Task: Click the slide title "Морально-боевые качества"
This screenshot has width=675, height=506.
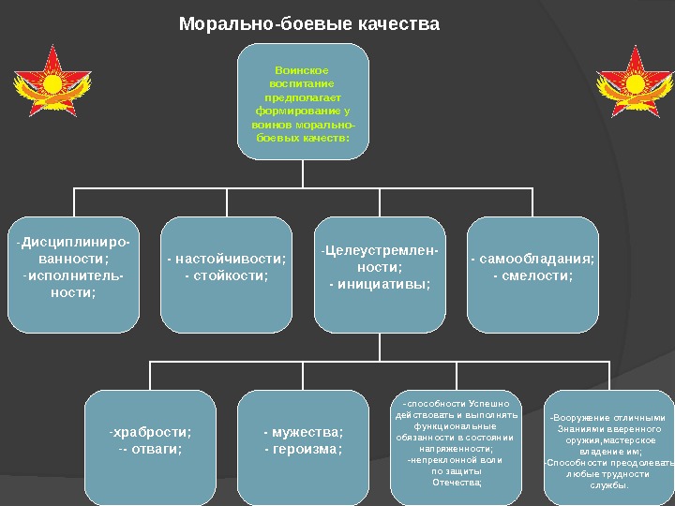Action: coord(308,23)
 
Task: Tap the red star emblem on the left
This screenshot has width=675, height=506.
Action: coord(52,83)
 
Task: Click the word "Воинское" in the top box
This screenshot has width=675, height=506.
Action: coord(303,70)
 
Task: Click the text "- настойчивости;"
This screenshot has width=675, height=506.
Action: coord(226,260)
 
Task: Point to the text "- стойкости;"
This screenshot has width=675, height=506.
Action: coord(226,275)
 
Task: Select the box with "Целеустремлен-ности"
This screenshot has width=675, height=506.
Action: coord(380,275)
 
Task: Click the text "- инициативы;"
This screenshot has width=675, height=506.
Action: coord(380,283)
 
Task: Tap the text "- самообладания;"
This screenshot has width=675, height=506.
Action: coord(532,260)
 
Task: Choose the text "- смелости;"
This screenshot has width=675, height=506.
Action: coord(532,275)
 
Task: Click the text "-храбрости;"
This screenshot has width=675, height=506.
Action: coord(150,432)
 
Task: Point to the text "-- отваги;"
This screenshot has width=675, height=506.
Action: coord(150,448)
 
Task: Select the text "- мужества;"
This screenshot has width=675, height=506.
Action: coord(303,432)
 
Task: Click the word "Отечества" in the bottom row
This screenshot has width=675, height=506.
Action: coord(456,483)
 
